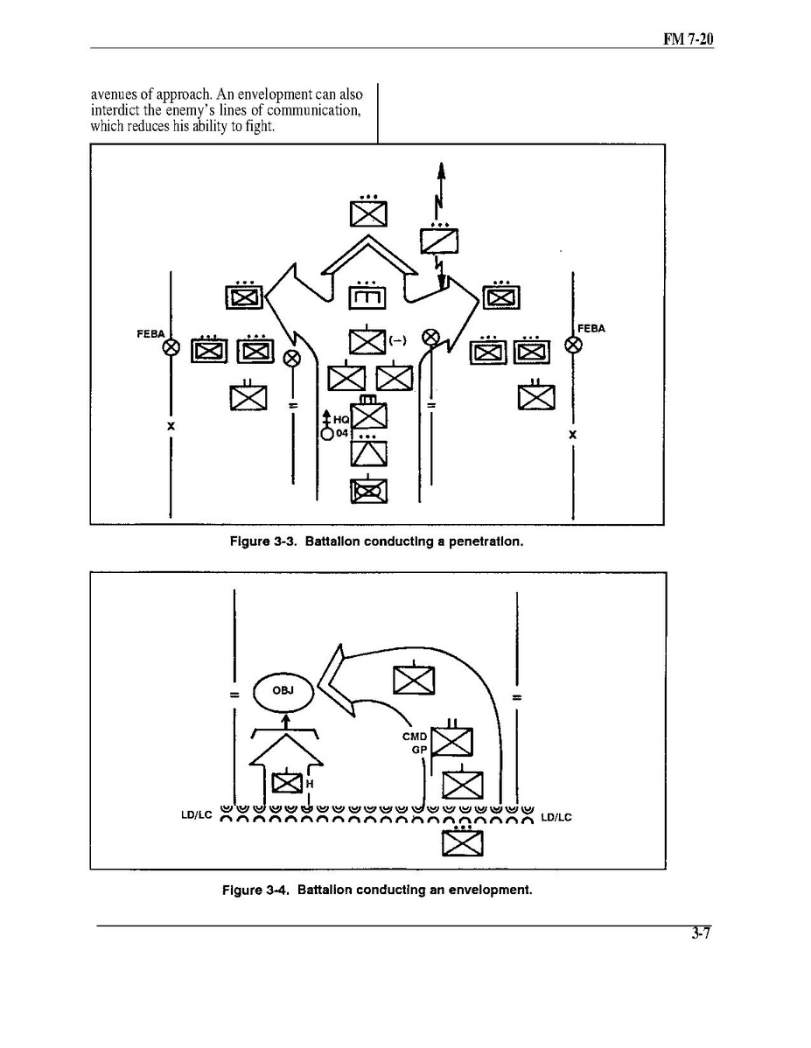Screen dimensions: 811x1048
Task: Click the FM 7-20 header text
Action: pos(688,38)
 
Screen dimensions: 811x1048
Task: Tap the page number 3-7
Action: pos(701,933)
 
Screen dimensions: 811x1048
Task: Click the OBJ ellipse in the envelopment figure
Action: pos(283,691)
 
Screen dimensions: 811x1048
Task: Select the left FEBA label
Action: pos(150,333)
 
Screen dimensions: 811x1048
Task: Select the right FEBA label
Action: pos(591,328)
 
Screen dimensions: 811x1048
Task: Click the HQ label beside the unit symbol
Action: pos(341,420)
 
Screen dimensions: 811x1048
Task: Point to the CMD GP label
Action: pos(415,743)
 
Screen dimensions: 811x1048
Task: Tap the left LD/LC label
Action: pos(197,814)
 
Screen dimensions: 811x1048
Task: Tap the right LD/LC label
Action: pos(556,817)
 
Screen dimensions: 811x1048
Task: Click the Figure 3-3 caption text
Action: pos(376,541)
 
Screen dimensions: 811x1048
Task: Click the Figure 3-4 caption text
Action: pos(377,890)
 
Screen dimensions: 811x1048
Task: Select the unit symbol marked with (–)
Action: pos(367,342)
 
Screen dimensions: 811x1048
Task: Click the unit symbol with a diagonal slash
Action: pos(439,240)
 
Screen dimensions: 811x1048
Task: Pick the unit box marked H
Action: pos(288,780)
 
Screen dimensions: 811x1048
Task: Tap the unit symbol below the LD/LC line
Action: pos(462,841)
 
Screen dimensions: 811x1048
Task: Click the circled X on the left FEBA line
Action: pos(171,347)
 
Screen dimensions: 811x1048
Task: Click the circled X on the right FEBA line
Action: pos(573,345)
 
